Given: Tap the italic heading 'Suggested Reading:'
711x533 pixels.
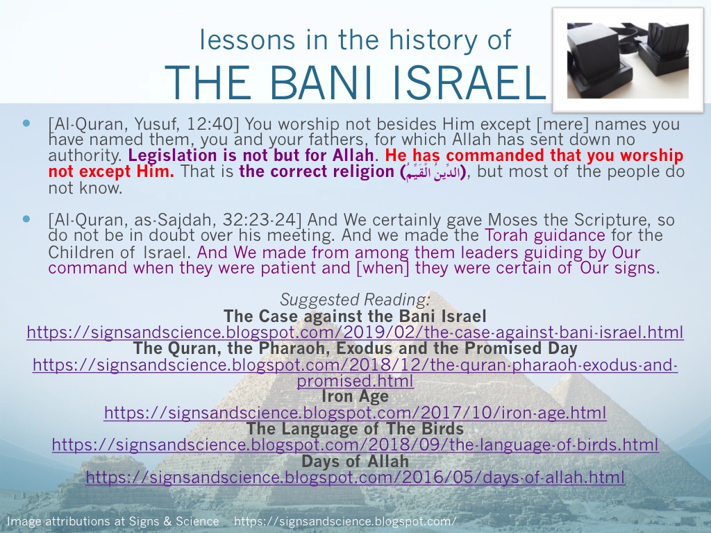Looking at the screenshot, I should pyautogui.click(x=355, y=300).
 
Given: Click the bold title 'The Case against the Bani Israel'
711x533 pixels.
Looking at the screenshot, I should pyautogui.click(x=355, y=316).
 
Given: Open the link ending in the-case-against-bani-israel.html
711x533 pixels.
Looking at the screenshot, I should pyautogui.click(x=355, y=332).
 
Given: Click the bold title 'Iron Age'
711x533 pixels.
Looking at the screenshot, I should pyautogui.click(x=355, y=396).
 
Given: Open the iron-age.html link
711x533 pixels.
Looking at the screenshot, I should pyautogui.click(x=355, y=413).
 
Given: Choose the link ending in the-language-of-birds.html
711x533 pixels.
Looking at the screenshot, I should pyautogui.click(x=355, y=445).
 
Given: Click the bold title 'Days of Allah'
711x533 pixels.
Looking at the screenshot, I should pyautogui.click(x=355, y=461).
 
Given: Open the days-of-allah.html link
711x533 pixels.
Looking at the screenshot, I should pyautogui.click(x=355, y=477).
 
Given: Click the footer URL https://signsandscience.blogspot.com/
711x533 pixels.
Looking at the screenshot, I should pyautogui.click(x=345, y=521).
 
